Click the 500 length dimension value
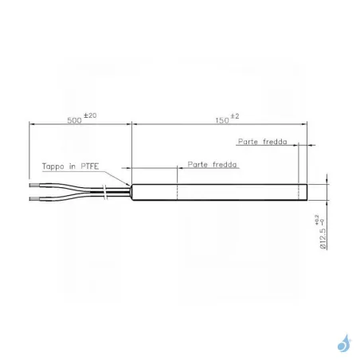74,120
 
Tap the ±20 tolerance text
90,115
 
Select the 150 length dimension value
222,120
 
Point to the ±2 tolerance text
235,116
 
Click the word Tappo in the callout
53,166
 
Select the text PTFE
90,166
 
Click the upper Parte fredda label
262,142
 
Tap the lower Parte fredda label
212,164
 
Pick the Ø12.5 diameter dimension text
323,238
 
